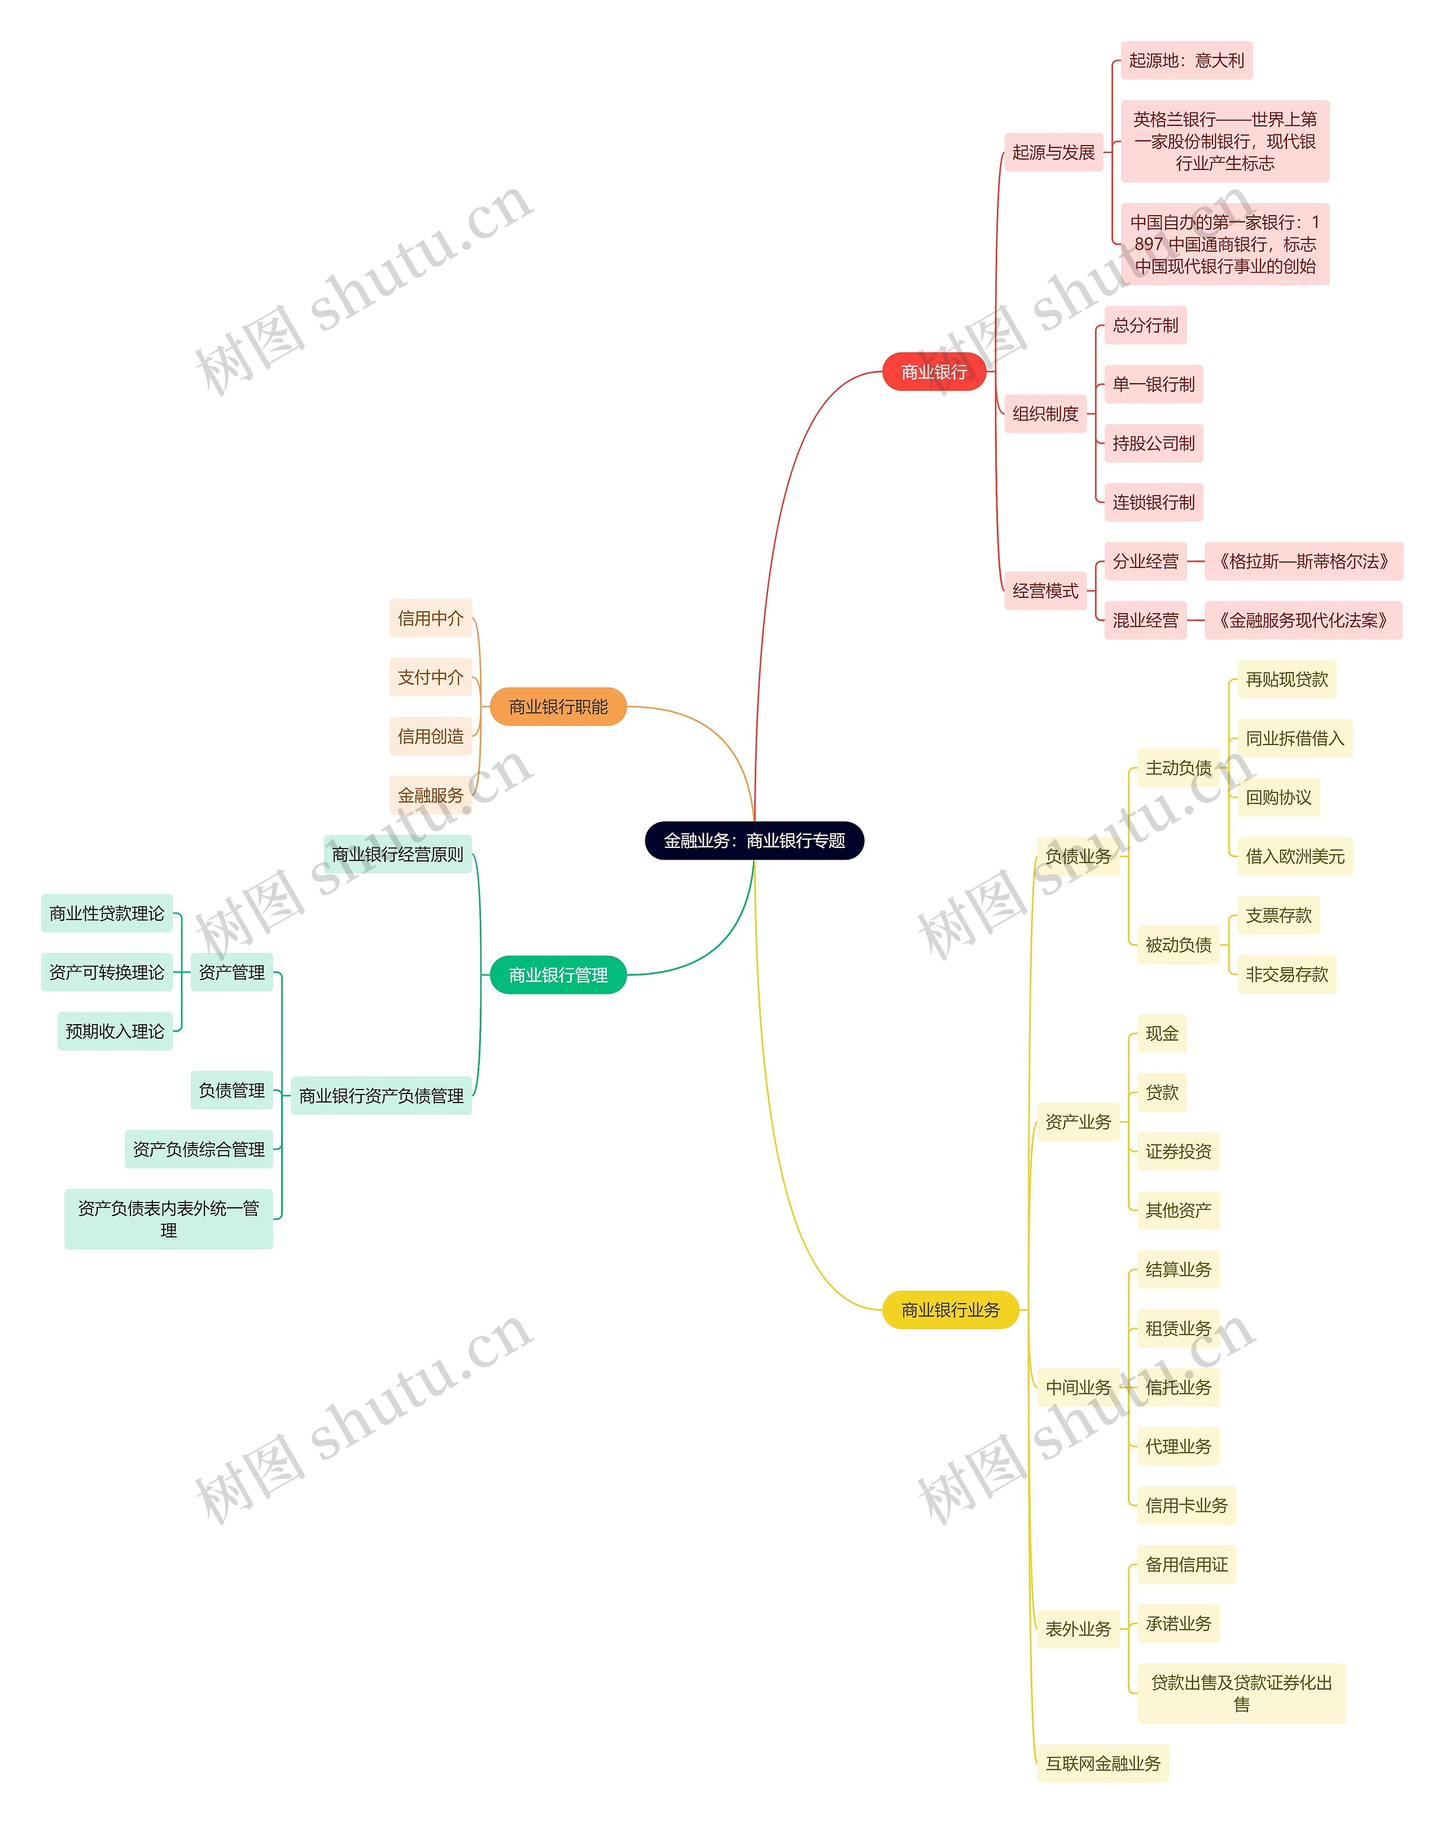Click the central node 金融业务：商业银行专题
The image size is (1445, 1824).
click(x=754, y=840)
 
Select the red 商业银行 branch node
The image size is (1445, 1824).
click(x=934, y=371)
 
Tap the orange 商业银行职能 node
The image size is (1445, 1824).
click(x=558, y=706)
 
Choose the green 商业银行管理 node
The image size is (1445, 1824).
click(x=558, y=974)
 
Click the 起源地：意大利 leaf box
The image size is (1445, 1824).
click(x=1186, y=60)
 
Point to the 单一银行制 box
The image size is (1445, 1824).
click(x=1153, y=384)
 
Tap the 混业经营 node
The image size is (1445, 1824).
click(x=1145, y=620)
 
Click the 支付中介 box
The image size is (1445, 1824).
click(x=431, y=677)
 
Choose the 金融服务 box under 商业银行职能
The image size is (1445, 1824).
click(x=431, y=794)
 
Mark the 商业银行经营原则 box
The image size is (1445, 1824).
click(x=397, y=854)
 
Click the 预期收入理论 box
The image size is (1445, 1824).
click(x=115, y=1030)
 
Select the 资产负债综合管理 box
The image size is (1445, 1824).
click(x=199, y=1149)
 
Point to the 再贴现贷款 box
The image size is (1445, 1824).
click(x=1286, y=679)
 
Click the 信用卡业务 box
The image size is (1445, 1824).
click(x=1186, y=1505)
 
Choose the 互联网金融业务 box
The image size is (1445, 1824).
click(x=1102, y=1763)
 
